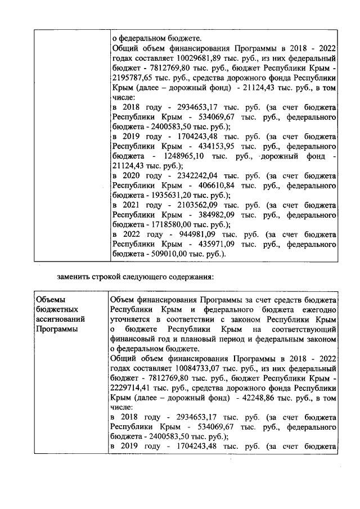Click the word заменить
(73, 277)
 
